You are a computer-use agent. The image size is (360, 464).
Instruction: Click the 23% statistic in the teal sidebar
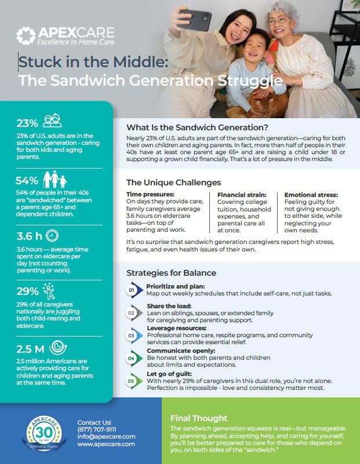(27, 123)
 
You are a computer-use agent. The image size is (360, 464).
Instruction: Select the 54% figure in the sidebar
(27, 180)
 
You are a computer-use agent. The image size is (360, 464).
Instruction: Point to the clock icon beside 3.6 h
(52, 236)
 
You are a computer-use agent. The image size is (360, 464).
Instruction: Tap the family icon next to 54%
(55, 179)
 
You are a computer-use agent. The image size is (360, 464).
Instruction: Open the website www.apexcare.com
(106, 444)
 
